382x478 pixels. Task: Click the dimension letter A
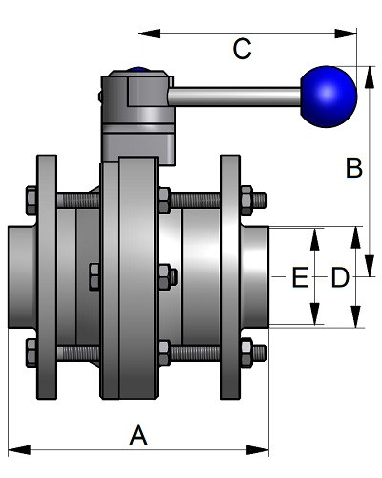point(138,435)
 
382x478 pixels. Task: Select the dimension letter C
point(242,49)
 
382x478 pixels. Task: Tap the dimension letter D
point(340,277)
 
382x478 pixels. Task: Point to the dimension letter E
point(300,277)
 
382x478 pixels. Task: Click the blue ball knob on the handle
point(329,97)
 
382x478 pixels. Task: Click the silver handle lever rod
point(235,97)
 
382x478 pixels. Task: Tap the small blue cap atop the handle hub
point(138,69)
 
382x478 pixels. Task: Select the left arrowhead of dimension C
point(149,33)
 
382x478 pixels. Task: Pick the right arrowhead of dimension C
point(346,33)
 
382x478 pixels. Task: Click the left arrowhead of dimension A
point(19,450)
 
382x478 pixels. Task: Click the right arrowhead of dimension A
point(258,450)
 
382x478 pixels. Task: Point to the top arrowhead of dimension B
point(370,77)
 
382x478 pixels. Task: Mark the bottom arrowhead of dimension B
point(370,266)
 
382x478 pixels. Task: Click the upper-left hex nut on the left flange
point(32,201)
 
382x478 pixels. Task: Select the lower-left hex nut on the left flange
point(32,353)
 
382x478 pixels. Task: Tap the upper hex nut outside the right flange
point(246,201)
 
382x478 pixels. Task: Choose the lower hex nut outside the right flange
point(246,353)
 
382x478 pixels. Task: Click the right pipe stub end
point(255,277)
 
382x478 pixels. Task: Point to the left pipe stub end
point(22,277)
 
